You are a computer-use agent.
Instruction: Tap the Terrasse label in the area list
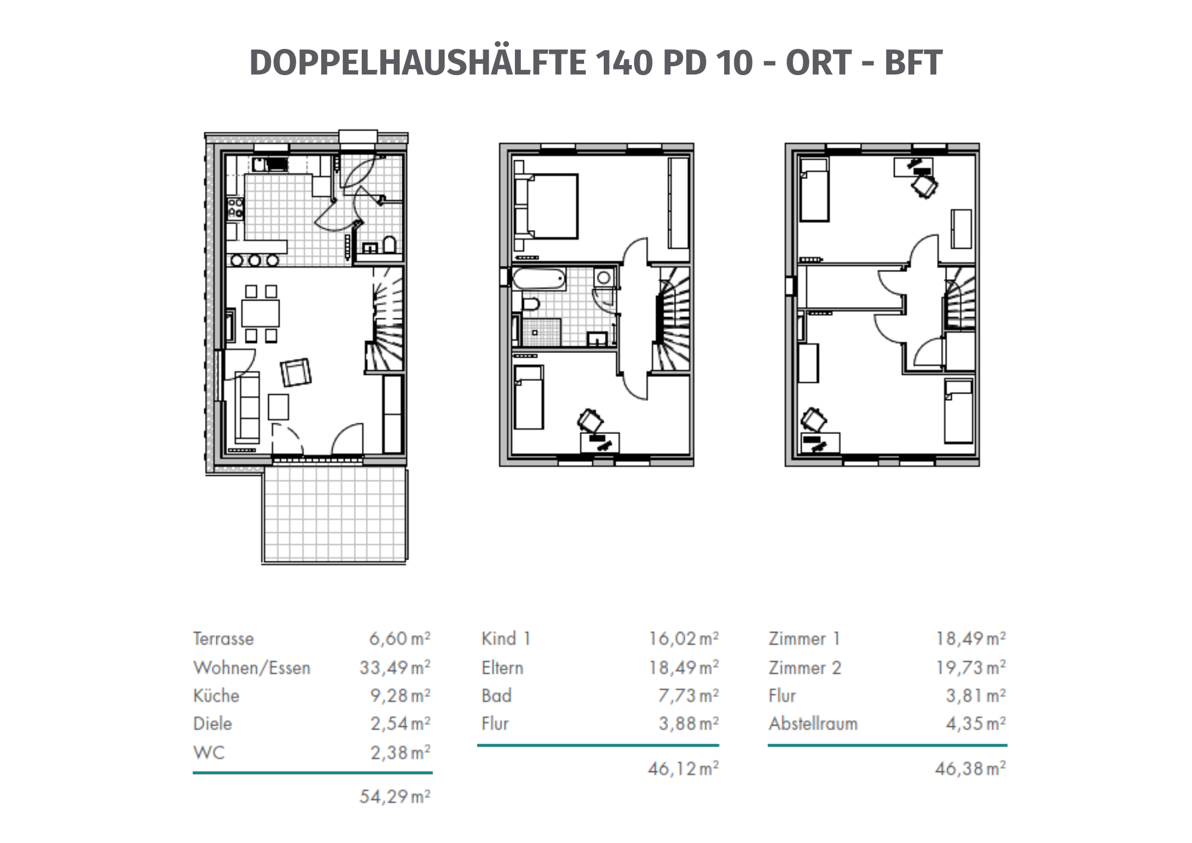tap(223, 639)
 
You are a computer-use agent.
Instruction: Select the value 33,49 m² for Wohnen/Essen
tap(395, 667)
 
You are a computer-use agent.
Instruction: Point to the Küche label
tap(216, 695)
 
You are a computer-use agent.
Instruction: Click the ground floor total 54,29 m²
tap(395, 796)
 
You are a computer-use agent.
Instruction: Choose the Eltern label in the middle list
tap(502, 667)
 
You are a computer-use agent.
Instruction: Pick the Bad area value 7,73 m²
tap(689, 695)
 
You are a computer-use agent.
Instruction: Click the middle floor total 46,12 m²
tap(683, 768)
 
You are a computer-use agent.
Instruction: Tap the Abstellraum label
tap(813, 723)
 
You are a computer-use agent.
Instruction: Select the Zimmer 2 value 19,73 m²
tap(970, 667)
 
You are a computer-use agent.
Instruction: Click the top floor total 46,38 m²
tap(970, 768)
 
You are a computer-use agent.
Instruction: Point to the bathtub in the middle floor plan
tap(539, 279)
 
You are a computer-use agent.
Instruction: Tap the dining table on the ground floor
tap(260, 313)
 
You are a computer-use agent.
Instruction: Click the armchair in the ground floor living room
tap(296, 373)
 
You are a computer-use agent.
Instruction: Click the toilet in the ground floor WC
tap(389, 245)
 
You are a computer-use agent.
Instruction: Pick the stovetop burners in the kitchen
tap(235, 207)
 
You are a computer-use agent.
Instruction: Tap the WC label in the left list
tap(209, 752)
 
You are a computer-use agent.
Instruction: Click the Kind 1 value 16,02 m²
tap(683, 639)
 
